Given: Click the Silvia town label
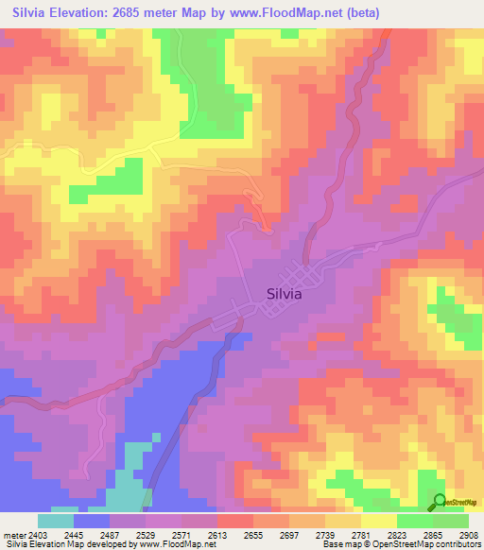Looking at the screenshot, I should pos(279,293).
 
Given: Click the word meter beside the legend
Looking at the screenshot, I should pos(11,535).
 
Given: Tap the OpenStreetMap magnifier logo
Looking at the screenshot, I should pos(440,503).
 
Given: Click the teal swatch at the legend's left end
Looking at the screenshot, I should pos(56,521).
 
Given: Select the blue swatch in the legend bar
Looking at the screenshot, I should pos(92,521).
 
